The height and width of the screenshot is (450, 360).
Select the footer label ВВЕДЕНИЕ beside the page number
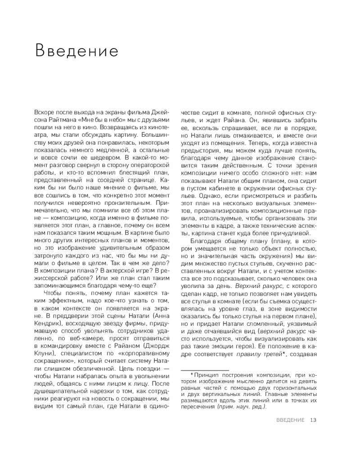(x=290, y=420)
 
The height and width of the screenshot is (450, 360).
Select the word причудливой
(x=287, y=232)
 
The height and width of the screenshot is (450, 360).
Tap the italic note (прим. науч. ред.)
(x=242, y=406)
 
